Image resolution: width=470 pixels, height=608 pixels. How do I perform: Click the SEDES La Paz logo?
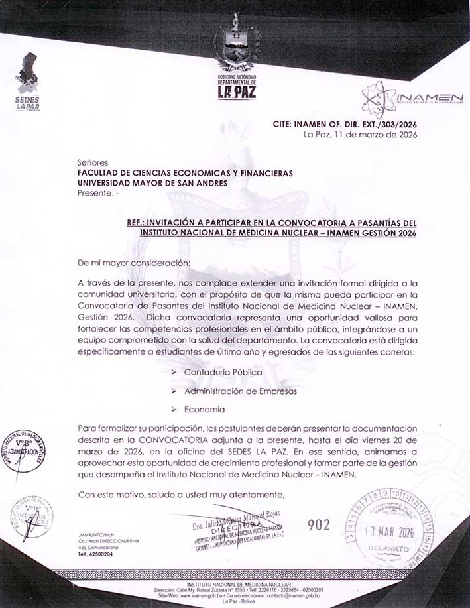[x=28, y=81]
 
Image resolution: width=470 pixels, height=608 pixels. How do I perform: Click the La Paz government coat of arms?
[x=235, y=53]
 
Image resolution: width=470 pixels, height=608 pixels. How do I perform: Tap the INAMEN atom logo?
[x=379, y=99]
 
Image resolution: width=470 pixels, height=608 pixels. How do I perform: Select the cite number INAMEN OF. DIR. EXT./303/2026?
[x=367, y=124]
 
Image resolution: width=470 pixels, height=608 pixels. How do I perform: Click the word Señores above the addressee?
[x=92, y=162]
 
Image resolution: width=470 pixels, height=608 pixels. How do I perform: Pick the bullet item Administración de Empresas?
[x=240, y=391]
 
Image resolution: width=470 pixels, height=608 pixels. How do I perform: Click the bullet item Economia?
[x=205, y=410]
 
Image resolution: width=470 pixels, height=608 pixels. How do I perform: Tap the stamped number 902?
[x=319, y=525]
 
